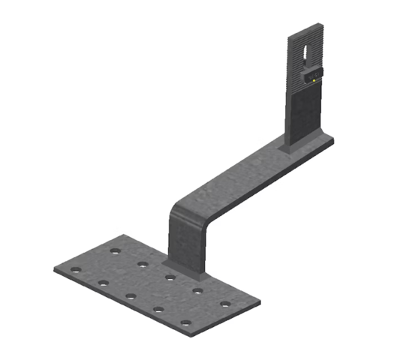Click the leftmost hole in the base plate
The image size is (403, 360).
tap(74, 269)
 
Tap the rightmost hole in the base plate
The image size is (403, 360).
tap(225, 304)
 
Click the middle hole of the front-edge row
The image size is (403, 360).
tap(131, 295)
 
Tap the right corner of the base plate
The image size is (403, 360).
tap(259, 304)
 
